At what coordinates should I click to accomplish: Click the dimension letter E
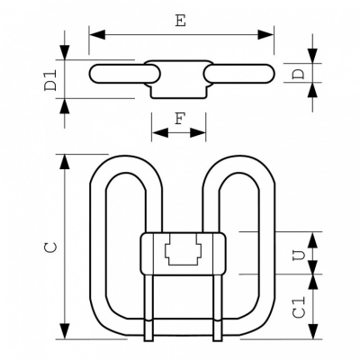click(181, 21)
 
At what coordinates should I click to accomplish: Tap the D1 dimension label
click(50, 80)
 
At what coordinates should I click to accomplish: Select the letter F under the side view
click(179, 119)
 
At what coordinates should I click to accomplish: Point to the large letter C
click(50, 247)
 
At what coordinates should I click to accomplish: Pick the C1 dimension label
click(300, 307)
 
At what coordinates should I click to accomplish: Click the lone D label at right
click(299, 74)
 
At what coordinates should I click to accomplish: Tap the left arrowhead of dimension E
click(97, 34)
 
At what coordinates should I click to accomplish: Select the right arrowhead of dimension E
click(265, 34)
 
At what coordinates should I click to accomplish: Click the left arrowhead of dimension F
click(160, 132)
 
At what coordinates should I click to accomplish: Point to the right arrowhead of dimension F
click(198, 132)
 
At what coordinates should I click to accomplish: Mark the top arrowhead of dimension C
click(64, 162)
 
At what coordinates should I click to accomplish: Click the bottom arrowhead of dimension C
click(64, 331)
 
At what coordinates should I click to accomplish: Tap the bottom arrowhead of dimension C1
click(313, 331)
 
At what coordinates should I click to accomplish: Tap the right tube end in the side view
click(238, 74)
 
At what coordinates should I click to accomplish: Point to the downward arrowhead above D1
click(64, 52)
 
